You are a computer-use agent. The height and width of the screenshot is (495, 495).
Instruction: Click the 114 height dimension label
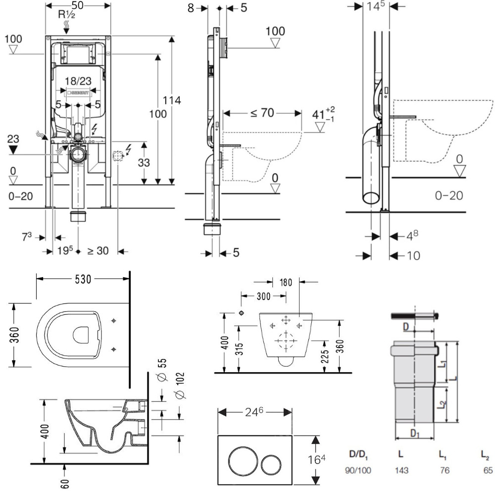click(173, 100)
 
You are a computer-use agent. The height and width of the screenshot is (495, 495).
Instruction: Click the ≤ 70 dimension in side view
click(262, 112)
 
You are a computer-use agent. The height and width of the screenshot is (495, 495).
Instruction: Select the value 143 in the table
click(401, 470)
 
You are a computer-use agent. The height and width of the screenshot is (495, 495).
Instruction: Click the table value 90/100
click(357, 470)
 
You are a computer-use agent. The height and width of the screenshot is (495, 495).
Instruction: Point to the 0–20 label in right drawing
click(449, 196)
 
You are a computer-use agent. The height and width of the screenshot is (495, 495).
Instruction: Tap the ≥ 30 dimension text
click(98, 251)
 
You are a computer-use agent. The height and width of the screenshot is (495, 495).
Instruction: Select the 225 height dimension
click(325, 352)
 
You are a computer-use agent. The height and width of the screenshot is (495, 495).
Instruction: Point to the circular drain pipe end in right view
click(371, 196)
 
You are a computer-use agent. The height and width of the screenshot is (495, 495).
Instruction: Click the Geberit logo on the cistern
click(80, 92)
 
